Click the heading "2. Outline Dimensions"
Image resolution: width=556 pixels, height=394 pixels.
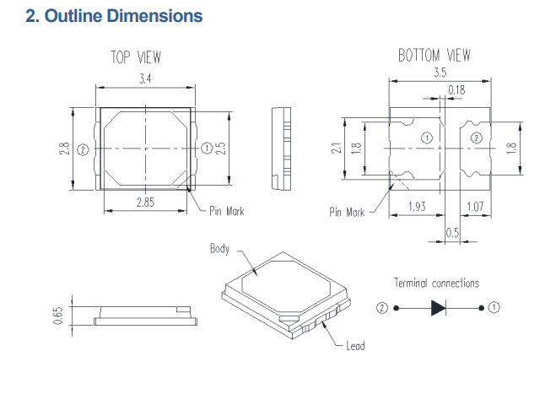point(114,16)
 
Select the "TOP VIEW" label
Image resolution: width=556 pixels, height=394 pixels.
point(136,57)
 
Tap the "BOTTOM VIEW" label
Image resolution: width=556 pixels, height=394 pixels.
point(434,56)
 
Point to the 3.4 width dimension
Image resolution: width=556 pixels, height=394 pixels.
point(145,78)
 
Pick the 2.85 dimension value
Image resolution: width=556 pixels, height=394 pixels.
point(145,202)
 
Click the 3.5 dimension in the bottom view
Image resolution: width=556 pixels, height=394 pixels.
point(440,73)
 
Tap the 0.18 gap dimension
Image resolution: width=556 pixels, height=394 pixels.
point(456,89)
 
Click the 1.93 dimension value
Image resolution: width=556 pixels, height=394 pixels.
point(416,206)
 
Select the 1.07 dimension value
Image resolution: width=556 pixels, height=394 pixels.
point(475,206)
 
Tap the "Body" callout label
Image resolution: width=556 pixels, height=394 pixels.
point(219,249)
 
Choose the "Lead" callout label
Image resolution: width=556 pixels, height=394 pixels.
point(355,346)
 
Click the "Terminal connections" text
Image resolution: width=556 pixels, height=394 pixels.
point(436,283)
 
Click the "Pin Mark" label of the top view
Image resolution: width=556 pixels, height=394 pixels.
point(226,211)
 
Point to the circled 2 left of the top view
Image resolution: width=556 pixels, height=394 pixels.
point(83,150)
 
